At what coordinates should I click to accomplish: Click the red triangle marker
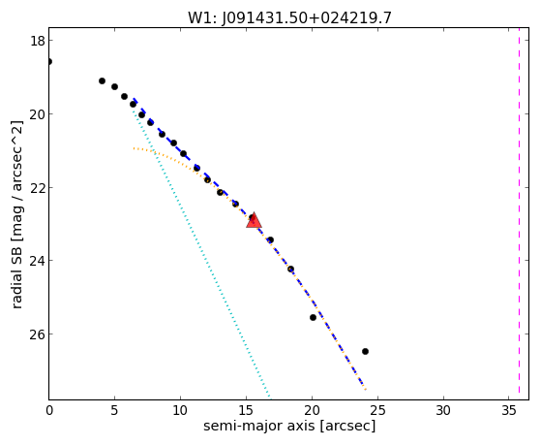(x=254, y=221)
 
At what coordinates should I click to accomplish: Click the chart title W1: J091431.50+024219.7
(x=289, y=18)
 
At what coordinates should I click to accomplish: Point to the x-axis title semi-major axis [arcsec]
(x=289, y=426)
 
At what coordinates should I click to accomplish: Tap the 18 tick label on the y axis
(x=37, y=41)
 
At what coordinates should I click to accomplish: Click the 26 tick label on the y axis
(x=37, y=334)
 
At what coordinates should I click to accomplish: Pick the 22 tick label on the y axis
(x=37, y=187)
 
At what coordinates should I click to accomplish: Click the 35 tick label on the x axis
(x=509, y=411)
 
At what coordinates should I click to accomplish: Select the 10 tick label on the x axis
(x=180, y=411)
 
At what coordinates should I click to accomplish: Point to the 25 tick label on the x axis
(x=377, y=411)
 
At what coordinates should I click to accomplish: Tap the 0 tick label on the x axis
(x=49, y=411)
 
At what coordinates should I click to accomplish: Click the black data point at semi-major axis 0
(x=49, y=61)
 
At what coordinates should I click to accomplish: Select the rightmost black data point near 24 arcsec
(x=365, y=351)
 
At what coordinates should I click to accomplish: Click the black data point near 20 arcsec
(x=313, y=317)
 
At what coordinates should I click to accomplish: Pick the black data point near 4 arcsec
(x=102, y=80)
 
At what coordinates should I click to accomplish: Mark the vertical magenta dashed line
(x=519, y=213)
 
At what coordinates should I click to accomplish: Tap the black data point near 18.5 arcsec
(x=291, y=269)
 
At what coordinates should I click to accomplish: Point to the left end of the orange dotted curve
(x=134, y=148)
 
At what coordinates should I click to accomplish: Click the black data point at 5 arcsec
(x=114, y=87)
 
